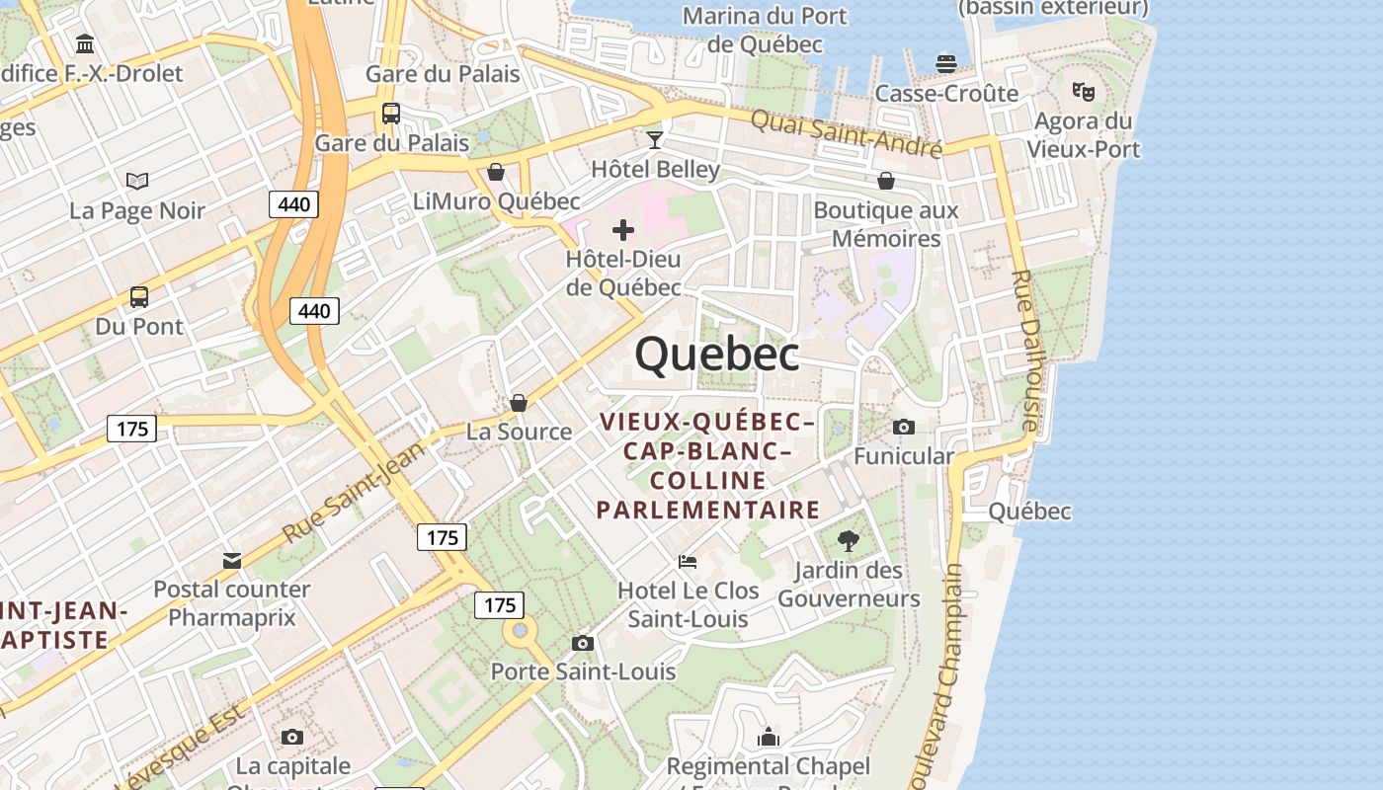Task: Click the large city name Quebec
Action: (x=717, y=355)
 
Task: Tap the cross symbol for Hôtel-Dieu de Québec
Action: (x=623, y=230)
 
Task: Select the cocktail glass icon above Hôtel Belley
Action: (x=654, y=139)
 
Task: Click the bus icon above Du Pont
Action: (x=139, y=296)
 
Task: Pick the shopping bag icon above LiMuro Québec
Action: (x=496, y=172)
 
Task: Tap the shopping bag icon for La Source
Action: (x=519, y=403)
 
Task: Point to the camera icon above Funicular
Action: (x=903, y=427)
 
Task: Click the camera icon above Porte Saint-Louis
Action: (x=583, y=643)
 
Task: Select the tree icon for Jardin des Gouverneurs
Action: (x=848, y=540)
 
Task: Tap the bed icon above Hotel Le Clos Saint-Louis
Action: (x=688, y=562)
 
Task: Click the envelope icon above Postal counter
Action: (x=232, y=561)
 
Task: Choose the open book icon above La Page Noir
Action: (x=137, y=181)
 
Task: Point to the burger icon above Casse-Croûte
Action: (x=946, y=64)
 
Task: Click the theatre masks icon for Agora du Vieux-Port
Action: (x=1084, y=91)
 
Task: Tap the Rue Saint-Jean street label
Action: (x=352, y=492)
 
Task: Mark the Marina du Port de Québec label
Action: (x=765, y=30)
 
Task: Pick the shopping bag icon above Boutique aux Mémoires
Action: (x=886, y=181)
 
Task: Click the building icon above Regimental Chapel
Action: (x=769, y=737)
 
